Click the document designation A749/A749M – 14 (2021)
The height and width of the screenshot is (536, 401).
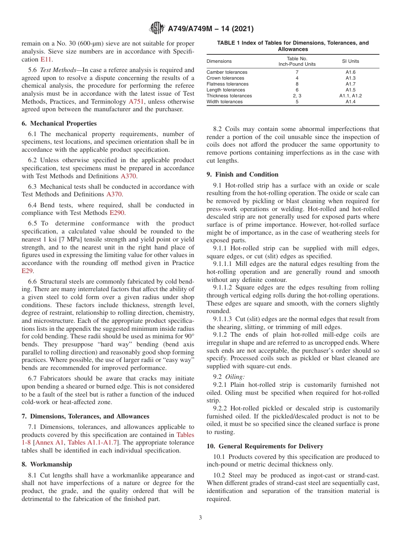tap(210, 29)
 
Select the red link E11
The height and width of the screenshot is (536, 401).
tap(46, 59)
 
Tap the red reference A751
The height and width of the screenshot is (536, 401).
tap(136, 102)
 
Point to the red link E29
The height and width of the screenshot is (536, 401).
tap(27, 271)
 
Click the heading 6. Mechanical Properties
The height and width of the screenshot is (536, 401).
tap(59, 123)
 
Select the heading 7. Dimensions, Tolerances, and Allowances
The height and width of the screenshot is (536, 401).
tap(85, 416)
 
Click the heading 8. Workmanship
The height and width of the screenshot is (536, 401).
tap(47, 464)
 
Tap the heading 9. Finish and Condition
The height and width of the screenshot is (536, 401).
tap(243, 174)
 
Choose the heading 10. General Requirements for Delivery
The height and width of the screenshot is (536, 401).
tap(265, 446)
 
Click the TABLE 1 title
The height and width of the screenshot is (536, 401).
tap(293, 46)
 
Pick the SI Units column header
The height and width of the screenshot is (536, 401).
tap(350, 61)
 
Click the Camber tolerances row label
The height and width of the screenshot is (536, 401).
tap(227, 72)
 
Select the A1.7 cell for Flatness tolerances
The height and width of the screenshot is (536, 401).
tap(350, 84)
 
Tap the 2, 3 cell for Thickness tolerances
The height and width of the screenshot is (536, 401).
tap(297, 96)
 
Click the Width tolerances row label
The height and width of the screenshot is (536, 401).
tap(225, 102)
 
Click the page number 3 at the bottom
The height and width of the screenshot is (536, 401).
tap(200, 518)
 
